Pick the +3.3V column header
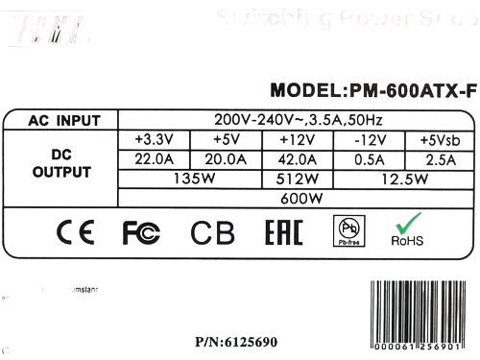[154, 140]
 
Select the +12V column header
[296, 140]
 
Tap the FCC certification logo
[141, 231]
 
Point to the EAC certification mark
[280, 231]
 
